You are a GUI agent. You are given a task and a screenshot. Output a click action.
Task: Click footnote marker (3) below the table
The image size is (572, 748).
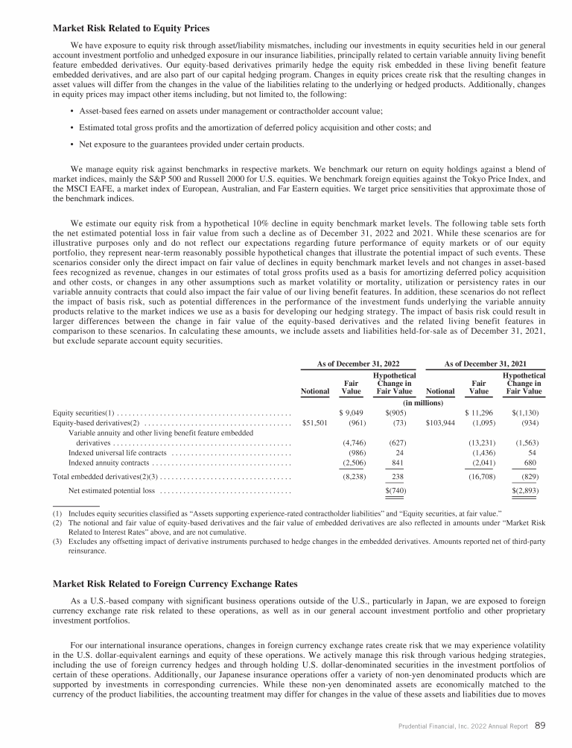coord(57,545)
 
